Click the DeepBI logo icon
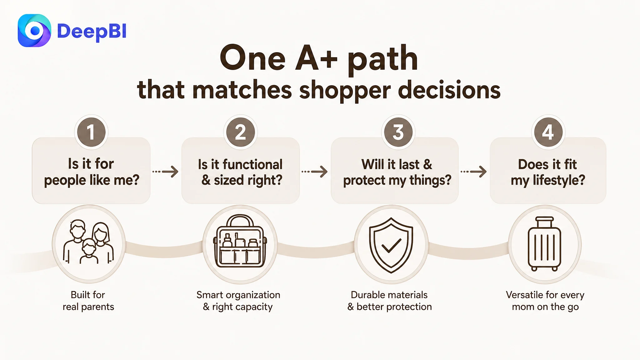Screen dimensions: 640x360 [x=34, y=31]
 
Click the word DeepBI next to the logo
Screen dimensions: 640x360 [x=92, y=32]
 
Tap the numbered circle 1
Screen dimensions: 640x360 [x=91, y=132]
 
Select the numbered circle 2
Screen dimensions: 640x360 [x=240, y=132]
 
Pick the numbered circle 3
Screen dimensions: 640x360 [x=398, y=132]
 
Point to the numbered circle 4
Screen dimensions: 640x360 [x=548, y=132]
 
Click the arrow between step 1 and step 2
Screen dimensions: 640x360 [x=165, y=172]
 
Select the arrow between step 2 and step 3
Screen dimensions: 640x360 [x=315, y=172]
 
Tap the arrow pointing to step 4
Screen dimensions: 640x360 [x=474, y=172]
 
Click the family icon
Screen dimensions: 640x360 [x=89, y=242]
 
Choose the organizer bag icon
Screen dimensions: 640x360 [x=240, y=241]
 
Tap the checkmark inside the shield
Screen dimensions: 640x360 [x=391, y=246]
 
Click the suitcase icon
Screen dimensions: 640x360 [x=544, y=244]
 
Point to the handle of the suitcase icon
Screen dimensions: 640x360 [x=544, y=222]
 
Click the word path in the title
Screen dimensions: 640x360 [x=383, y=59]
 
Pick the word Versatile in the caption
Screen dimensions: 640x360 [x=524, y=295]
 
